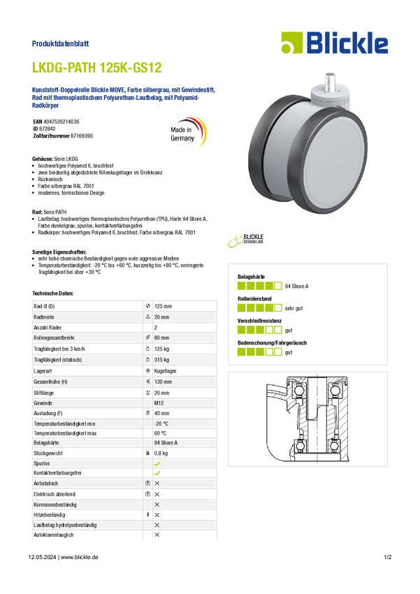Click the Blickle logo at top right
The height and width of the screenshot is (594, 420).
(335, 43)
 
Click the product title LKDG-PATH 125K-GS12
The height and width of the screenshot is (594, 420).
(97, 68)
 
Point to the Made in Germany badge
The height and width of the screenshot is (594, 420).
(188, 133)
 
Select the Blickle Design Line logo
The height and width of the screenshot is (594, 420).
(246, 240)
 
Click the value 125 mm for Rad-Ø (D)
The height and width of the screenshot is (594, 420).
(163, 306)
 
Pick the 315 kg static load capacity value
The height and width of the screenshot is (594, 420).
(161, 359)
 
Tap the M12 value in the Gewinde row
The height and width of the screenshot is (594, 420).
(159, 403)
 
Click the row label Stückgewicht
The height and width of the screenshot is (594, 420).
(48, 453)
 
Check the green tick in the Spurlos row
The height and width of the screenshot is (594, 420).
(157, 463)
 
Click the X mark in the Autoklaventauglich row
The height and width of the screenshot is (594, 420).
(157, 535)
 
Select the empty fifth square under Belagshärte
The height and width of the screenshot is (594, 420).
(278, 286)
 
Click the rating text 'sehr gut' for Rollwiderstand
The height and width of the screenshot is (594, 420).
(294, 308)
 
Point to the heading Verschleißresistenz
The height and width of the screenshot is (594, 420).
(259, 321)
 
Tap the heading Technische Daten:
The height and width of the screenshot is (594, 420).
(52, 294)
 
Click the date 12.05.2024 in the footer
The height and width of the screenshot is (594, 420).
(42, 557)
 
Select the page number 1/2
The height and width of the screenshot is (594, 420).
(387, 557)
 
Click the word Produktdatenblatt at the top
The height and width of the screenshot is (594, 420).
(60, 43)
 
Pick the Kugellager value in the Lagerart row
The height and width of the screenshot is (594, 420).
(165, 371)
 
